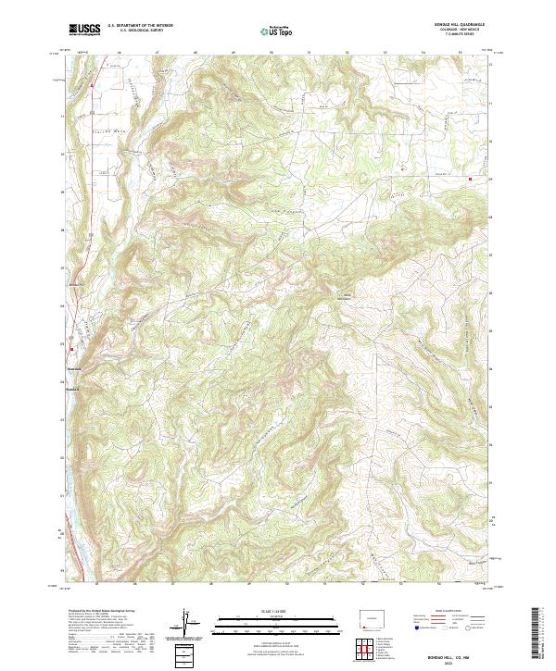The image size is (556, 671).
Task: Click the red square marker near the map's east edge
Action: (x=470, y=179)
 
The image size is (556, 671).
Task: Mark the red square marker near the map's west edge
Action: (x=70, y=349)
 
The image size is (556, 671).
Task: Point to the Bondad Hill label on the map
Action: (x=344, y=297)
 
